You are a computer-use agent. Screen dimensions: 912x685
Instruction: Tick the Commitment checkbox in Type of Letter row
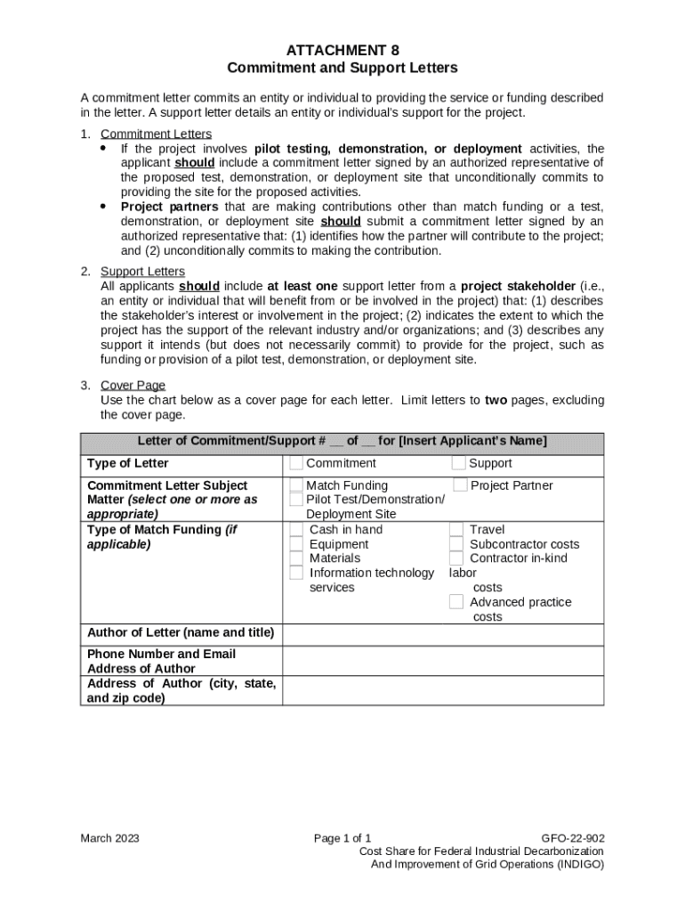pyautogui.click(x=296, y=463)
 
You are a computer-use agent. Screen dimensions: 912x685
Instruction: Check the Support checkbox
pyautogui.click(x=458, y=463)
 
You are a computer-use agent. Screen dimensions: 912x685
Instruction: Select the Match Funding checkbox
pyautogui.click(x=296, y=485)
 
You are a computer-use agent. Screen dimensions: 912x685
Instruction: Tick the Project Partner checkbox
pyautogui.click(x=460, y=485)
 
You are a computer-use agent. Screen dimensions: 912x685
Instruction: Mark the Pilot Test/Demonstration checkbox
pyautogui.click(x=296, y=501)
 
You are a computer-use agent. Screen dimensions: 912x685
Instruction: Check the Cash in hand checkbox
pyautogui.click(x=296, y=530)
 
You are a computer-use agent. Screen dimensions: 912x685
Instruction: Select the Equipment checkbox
pyautogui.click(x=296, y=544)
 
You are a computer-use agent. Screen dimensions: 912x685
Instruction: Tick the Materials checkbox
pyautogui.click(x=296, y=558)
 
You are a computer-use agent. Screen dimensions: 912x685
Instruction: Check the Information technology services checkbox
pyautogui.click(x=296, y=573)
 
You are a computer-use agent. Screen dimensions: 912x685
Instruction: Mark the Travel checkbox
pyautogui.click(x=455, y=530)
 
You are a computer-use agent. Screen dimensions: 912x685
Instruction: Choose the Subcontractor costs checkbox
pyautogui.click(x=455, y=544)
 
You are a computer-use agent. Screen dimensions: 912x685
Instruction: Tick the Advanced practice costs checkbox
pyautogui.click(x=455, y=602)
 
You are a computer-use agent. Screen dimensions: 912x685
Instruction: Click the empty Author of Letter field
pyautogui.click(x=442, y=634)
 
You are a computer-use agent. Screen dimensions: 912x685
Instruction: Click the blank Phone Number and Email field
pyautogui.click(x=442, y=661)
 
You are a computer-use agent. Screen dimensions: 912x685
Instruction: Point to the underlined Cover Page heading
pyautogui.click(x=133, y=386)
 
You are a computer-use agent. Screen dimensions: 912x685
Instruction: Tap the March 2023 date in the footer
pyautogui.click(x=109, y=838)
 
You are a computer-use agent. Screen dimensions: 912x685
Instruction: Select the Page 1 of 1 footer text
pyautogui.click(x=342, y=838)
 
